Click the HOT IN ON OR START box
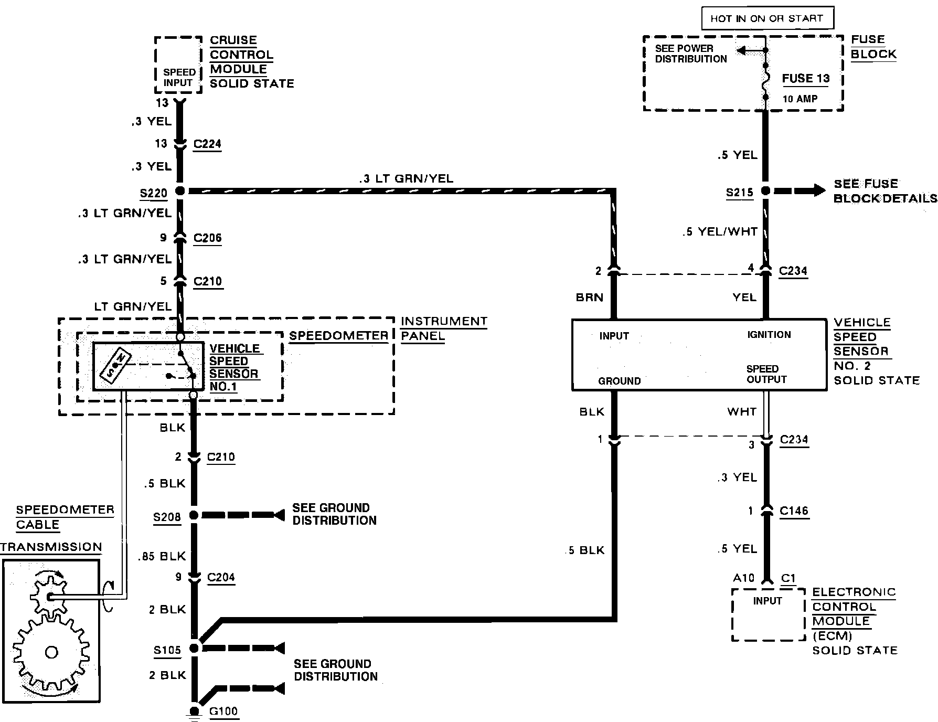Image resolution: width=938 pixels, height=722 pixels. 766,18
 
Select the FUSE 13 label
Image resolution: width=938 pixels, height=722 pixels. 806,79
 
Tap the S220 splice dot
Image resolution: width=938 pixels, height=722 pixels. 180,191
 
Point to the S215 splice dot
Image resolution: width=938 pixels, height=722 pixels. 765,191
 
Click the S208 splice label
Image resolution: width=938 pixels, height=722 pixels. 167,517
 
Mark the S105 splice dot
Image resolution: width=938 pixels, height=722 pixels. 194,648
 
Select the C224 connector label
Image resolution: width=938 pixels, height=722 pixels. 207,144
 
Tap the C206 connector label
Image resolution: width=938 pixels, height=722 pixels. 207,238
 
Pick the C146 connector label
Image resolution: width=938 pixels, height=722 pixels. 794,511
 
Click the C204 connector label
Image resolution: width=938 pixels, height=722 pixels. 221,577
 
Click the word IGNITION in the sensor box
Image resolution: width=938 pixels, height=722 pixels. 769,335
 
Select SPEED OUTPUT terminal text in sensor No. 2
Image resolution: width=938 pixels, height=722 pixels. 766,374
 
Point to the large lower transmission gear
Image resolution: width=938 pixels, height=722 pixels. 51,653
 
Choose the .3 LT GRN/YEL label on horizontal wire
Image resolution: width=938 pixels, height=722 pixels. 406,179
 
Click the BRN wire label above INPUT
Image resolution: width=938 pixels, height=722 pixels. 589,298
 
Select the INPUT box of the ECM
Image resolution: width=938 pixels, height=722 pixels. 768,614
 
